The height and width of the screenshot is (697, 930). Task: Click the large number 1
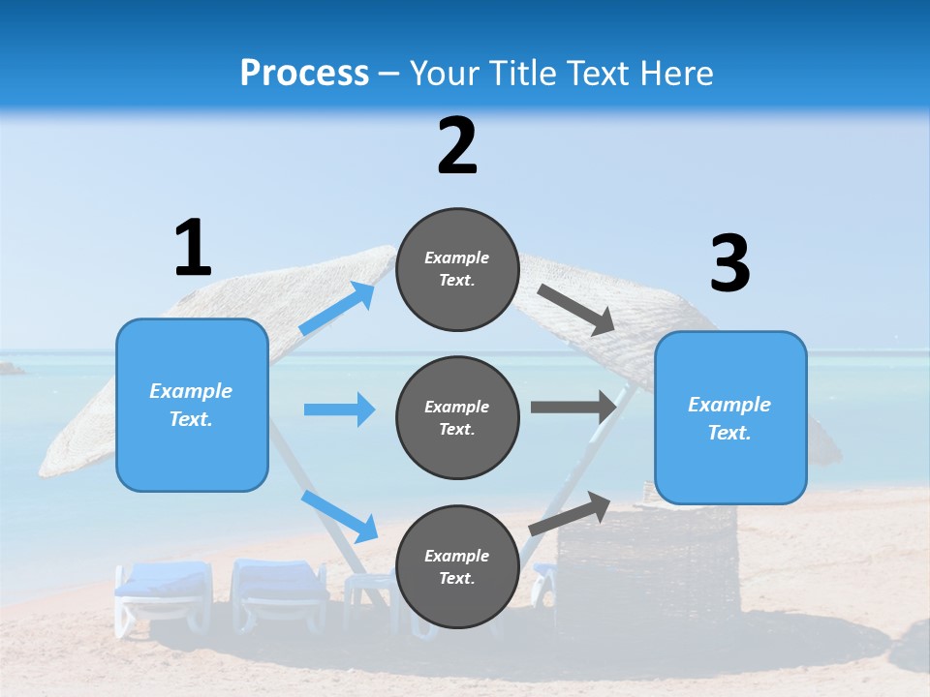point(193,248)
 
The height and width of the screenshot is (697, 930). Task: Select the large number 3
point(729,263)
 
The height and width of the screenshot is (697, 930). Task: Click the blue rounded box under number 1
point(192,405)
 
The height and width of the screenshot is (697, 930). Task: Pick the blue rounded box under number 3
point(730,418)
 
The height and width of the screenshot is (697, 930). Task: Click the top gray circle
point(457,269)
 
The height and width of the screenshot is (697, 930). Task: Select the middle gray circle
point(457,417)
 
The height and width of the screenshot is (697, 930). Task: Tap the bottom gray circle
point(457,566)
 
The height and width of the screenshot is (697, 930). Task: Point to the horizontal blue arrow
point(339,409)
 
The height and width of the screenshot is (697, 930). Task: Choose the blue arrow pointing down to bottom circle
point(340,515)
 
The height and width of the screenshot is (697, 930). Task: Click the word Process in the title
point(304,73)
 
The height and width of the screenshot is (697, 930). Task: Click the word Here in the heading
point(674,73)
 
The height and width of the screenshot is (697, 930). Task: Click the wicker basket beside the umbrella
point(647,561)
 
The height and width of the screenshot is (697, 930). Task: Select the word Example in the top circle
point(456,258)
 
